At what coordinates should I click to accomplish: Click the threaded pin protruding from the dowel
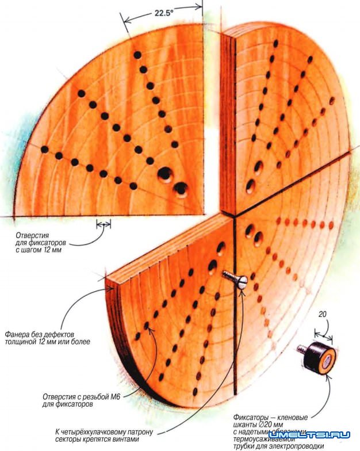point(301,348)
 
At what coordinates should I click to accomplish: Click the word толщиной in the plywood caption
point(20,341)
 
